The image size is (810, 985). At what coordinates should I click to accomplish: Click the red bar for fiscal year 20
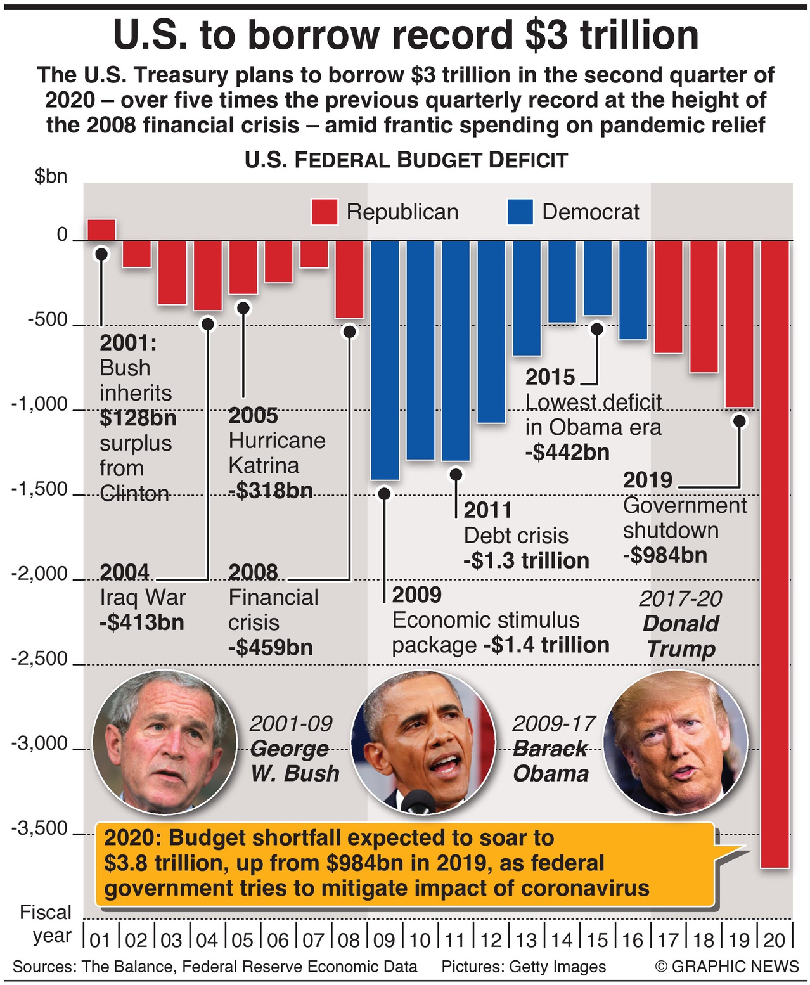click(775, 551)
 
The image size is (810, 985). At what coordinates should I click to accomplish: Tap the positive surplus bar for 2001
click(101, 229)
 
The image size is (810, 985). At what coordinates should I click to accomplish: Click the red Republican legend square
click(325, 212)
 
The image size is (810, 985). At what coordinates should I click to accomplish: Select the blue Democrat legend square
click(520, 212)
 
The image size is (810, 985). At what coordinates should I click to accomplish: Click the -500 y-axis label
click(48, 319)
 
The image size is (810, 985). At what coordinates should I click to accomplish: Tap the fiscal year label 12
click(491, 939)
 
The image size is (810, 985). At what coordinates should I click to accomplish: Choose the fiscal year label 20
click(775, 939)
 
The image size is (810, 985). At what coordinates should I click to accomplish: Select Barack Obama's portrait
click(423, 742)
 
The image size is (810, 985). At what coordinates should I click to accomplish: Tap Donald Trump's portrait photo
click(676, 742)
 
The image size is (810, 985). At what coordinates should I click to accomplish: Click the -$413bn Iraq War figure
click(142, 622)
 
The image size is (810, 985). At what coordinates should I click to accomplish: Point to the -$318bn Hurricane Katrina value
click(271, 491)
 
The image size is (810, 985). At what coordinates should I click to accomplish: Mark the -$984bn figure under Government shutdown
click(665, 555)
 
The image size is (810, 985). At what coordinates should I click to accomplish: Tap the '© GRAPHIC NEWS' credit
click(727, 967)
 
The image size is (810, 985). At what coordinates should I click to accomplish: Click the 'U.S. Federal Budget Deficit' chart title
click(406, 160)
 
